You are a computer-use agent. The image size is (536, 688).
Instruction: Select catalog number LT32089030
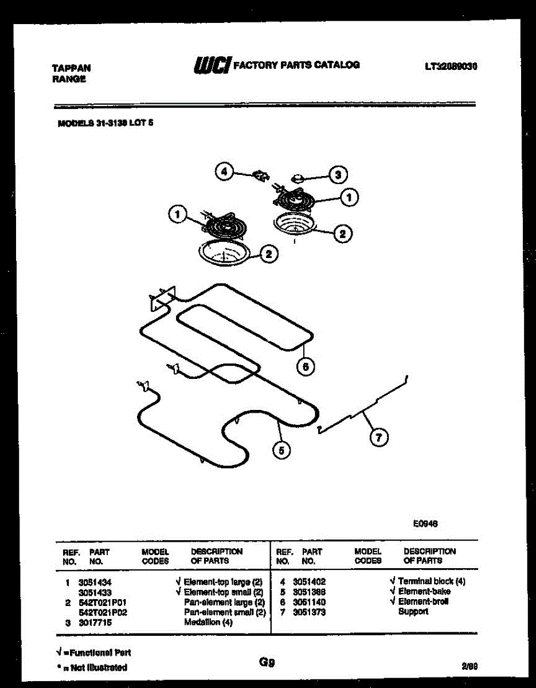(x=451, y=66)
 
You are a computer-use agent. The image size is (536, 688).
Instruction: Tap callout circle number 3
(x=338, y=174)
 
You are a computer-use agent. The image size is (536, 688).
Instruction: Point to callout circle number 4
(x=225, y=171)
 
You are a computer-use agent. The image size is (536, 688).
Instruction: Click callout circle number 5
(x=281, y=450)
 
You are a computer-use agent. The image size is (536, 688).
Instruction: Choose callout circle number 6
(x=306, y=367)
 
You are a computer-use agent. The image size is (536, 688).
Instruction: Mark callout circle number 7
(x=378, y=437)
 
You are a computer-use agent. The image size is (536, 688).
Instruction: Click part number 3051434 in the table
(x=95, y=581)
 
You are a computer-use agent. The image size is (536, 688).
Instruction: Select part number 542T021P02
(x=103, y=612)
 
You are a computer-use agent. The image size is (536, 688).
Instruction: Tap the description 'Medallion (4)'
(x=208, y=623)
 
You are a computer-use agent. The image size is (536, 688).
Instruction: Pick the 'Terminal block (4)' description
(x=432, y=581)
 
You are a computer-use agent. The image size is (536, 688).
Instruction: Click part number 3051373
(x=309, y=612)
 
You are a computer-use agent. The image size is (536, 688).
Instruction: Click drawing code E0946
(x=425, y=523)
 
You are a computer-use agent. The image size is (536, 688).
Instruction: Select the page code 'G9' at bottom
(x=267, y=663)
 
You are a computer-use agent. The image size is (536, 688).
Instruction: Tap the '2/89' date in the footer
(x=469, y=666)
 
